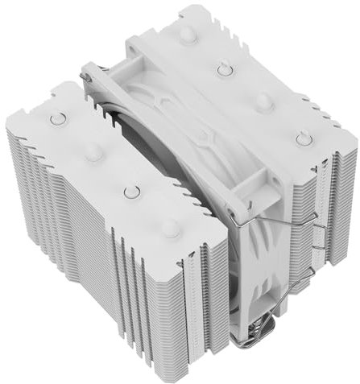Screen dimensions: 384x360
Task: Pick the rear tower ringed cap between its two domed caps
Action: pyautogui.click(x=225, y=68)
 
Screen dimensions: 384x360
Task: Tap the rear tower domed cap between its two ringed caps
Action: pyautogui.click(x=264, y=102)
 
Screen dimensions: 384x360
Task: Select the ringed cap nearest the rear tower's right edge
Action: pyautogui.click(x=303, y=138)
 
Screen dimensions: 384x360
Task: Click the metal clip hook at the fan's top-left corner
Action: pyautogui.click(x=86, y=74)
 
